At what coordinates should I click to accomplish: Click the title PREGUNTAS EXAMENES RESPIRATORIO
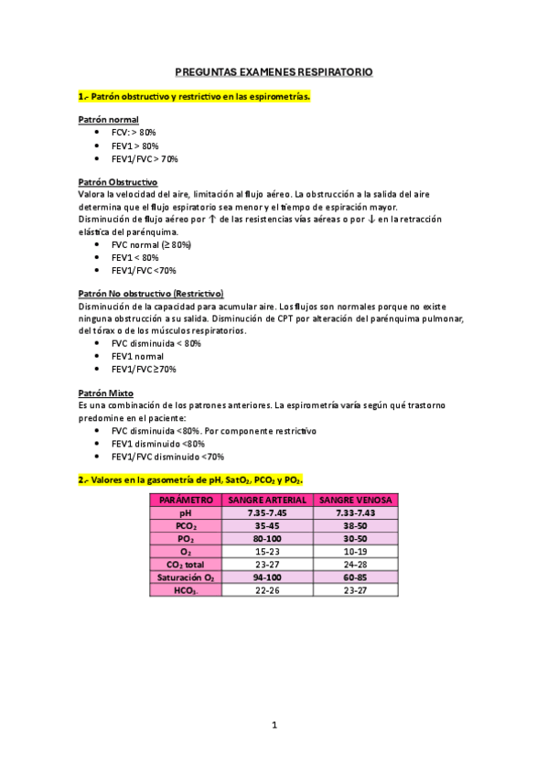274,71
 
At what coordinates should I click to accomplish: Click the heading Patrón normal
109,120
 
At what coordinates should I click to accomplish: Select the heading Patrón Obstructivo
118,182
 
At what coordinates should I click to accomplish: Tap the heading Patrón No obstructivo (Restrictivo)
151,293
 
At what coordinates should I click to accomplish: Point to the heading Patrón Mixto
106,393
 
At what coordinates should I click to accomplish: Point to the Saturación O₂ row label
186,579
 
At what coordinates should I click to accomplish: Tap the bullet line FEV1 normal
137,356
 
